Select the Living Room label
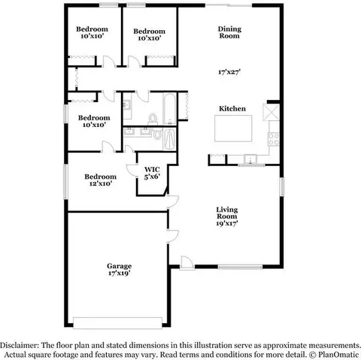tap(227, 213)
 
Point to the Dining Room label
tap(229, 32)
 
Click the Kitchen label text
tap(232, 108)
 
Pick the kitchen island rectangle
tap(233, 129)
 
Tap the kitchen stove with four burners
tap(274, 139)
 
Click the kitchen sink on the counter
tap(250, 159)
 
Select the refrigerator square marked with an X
tap(271, 112)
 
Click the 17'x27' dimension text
tap(229, 72)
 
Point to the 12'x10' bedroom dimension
tap(101, 183)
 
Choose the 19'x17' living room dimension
tap(227, 223)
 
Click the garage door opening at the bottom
tap(117, 323)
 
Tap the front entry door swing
tap(187, 262)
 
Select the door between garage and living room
tap(172, 236)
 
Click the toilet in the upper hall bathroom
tap(153, 119)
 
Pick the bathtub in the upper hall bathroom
tap(170, 109)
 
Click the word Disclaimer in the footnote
tap(20, 346)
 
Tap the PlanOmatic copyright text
tap(334, 355)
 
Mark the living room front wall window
tap(240, 267)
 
